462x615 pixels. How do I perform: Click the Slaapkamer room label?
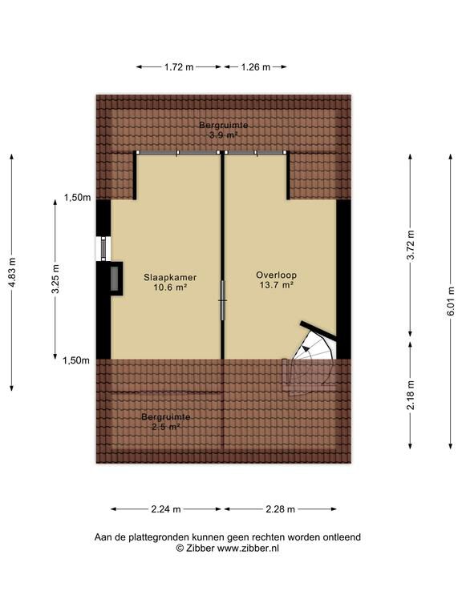coord(170,277)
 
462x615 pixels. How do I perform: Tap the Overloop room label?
coord(276,275)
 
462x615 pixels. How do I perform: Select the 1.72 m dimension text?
coord(179,67)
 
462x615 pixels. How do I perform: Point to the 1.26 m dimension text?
coord(255,67)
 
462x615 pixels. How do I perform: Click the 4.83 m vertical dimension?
coord(12,272)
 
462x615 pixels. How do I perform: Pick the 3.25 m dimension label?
coord(56,279)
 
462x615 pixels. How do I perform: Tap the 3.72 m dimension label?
coord(411,245)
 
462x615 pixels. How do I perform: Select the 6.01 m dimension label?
coord(452,302)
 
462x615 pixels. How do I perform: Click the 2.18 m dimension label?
coord(411,395)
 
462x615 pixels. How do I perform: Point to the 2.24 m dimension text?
coord(166,509)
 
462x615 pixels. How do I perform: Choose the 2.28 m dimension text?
coord(280,509)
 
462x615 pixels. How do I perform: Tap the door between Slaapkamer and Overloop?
coord(222,300)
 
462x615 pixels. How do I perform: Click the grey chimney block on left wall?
coord(115,279)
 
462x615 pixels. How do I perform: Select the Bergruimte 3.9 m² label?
coord(224,131)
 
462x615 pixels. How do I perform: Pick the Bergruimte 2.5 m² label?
coord(166,422)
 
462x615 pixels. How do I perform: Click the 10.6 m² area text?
coord(170,287)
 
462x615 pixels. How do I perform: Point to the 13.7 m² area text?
coord(277,285)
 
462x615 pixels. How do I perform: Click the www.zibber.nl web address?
coord(249,549)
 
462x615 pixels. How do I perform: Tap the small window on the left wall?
coord(103,249)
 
